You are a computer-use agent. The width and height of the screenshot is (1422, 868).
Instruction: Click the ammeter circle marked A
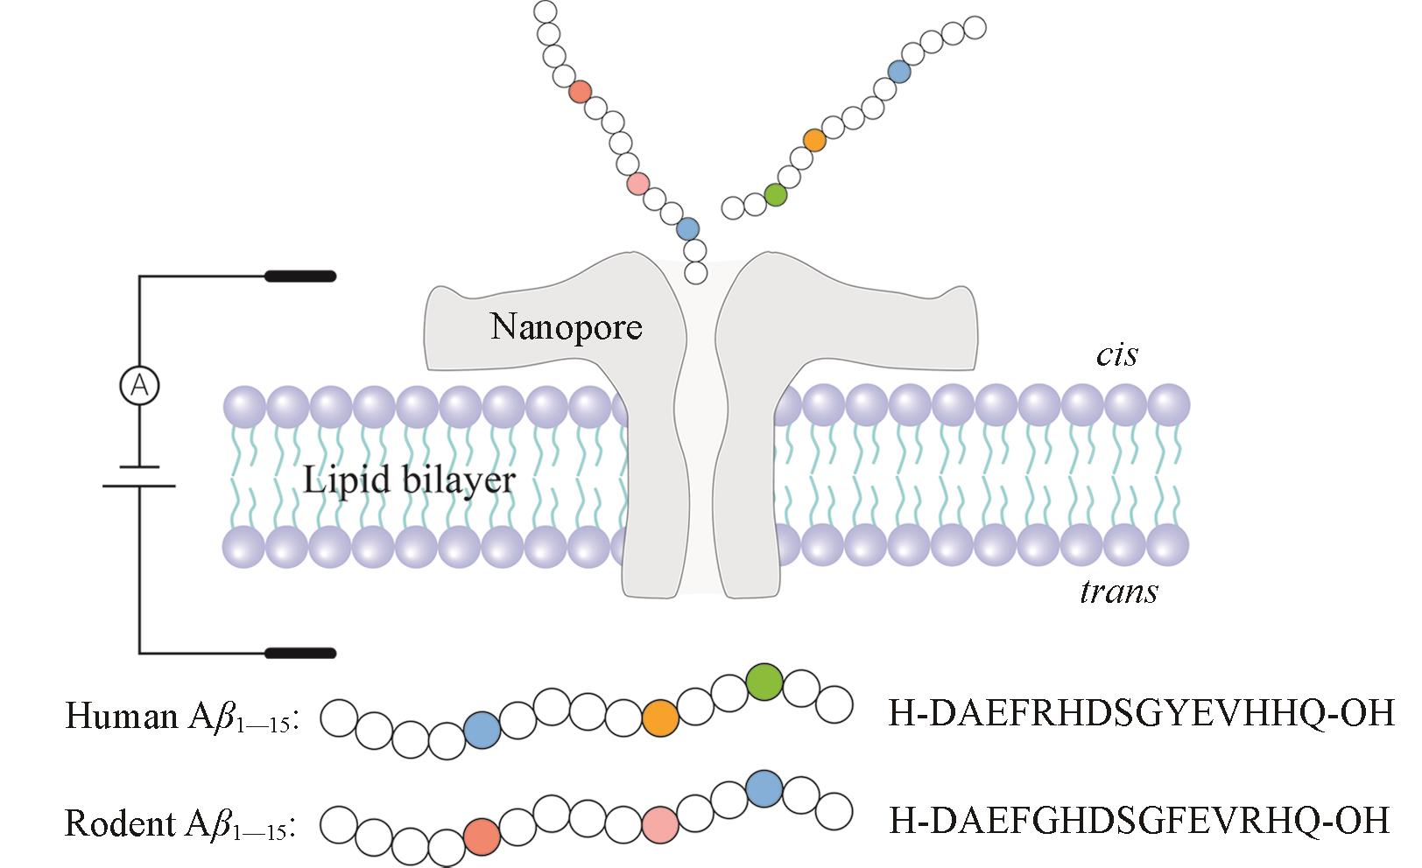[x=138, y=386]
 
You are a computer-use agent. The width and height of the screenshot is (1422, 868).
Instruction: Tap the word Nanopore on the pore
[x=566, y=327]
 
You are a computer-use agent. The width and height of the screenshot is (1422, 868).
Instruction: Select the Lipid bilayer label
[x=409, y=480]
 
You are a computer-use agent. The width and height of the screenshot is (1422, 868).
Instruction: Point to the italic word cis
[x=1116, y=354]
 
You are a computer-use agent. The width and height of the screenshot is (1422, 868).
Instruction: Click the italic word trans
[x=1118, y=592]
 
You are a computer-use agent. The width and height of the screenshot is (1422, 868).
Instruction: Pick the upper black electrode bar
[x=300, y=276]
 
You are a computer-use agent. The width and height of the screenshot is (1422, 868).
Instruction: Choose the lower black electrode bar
[x=300, y=653]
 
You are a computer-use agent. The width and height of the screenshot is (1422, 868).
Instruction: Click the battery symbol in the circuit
[x=139, y=477]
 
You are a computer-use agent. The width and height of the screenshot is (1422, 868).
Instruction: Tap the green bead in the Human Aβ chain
[x=764, y=681]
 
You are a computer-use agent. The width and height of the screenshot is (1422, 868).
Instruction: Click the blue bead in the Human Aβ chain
[x=482, y=729]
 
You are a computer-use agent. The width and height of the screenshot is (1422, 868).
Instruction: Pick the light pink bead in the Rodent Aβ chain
[x=659, y=824]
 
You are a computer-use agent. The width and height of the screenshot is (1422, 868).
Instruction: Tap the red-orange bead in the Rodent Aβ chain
[x=482, y=836]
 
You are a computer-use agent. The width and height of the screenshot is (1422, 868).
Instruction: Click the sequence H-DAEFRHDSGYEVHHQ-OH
[x=1141, y=715]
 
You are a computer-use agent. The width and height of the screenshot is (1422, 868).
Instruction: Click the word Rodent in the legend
[x=121, y=823]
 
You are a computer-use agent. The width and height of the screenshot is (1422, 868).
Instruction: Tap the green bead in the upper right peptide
[x=775, y=194]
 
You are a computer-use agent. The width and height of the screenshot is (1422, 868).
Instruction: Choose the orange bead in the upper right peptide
[x=814, y=140]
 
